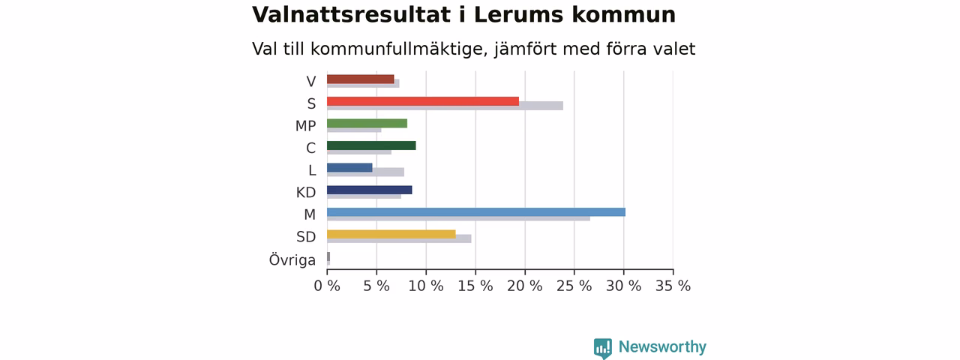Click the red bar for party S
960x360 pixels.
point(423,101)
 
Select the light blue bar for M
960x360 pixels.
point(476,212)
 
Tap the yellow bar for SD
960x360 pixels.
point(391,234)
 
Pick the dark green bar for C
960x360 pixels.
point(371,145)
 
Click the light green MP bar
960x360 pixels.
point(367,124)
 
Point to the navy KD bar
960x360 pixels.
point(370,190)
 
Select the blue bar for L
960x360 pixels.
point(349,167)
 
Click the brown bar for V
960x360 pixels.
point(361,79)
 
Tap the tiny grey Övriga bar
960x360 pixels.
point(328,256)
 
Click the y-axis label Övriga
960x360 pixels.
point(292,259)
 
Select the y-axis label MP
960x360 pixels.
point(305,126)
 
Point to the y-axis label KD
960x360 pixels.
point(306,193)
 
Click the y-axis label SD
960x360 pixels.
point(306,236)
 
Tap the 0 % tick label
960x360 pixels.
point(327,286)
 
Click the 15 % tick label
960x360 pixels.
point(475,286)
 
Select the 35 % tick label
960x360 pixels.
point(673,286)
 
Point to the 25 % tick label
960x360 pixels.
point(574,286)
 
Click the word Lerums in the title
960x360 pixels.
point(518,14)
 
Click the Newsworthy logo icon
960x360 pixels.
point(602,348)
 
